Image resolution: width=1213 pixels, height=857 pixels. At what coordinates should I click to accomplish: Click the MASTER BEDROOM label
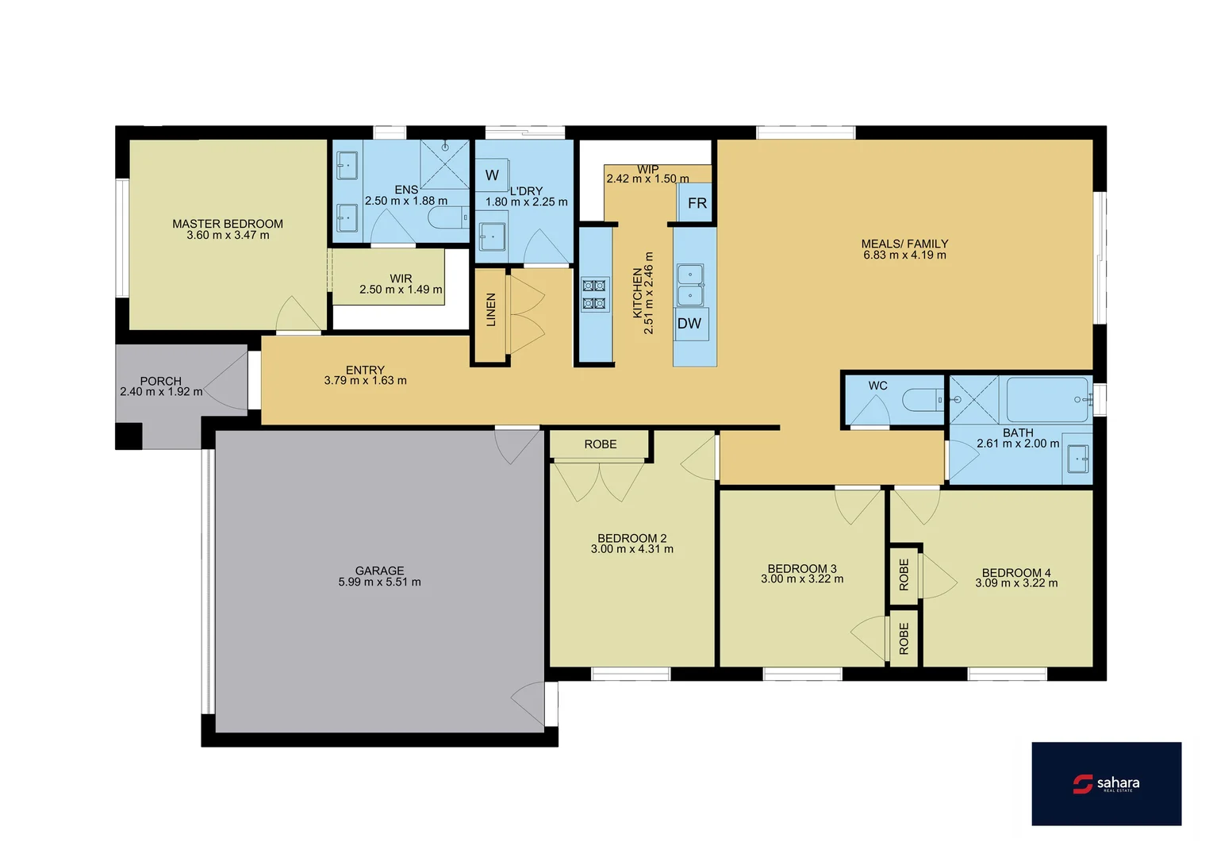coord(228,224)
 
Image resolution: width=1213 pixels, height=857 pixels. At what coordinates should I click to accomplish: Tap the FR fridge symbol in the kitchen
coord(697,203)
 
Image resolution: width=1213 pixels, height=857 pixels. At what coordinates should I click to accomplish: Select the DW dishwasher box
coord(689,324)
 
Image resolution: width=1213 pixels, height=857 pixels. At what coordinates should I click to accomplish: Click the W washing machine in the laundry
coord(492,175)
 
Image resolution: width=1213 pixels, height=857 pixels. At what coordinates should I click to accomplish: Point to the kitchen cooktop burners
coord(595,294)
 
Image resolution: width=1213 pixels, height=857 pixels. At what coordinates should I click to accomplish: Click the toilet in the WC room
coord(922,399)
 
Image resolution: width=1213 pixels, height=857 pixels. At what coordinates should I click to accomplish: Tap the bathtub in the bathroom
coord(1048,399)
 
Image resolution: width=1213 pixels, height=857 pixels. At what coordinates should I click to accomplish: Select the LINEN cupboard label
coord(491,309)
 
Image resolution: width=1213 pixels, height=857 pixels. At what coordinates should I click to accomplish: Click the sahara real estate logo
coord(1106,784)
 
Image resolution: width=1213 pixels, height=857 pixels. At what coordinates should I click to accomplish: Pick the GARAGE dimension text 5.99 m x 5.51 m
coord(379,582)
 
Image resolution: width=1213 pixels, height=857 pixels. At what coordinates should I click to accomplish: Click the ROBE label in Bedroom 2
coord(600,444)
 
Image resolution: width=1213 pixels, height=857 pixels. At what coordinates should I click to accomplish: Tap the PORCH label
coord(161,381)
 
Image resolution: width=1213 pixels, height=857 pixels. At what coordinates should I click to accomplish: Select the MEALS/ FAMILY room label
coord(904,244)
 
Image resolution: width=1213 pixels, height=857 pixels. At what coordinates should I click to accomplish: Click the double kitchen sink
coord(689,285)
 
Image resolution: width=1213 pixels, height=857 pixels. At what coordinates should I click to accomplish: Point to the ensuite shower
coord(444,163)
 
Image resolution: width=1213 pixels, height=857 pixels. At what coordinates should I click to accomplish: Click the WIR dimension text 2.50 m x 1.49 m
coord(401,290)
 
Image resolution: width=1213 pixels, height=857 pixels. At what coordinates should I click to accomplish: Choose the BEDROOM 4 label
coord(1016,572)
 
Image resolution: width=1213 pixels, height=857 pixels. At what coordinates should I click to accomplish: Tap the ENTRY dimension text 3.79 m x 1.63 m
coord(365,381)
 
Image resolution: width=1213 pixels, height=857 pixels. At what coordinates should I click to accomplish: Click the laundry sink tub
coord(493,236)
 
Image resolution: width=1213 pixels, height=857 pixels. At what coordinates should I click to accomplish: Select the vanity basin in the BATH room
coord(1077,459)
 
